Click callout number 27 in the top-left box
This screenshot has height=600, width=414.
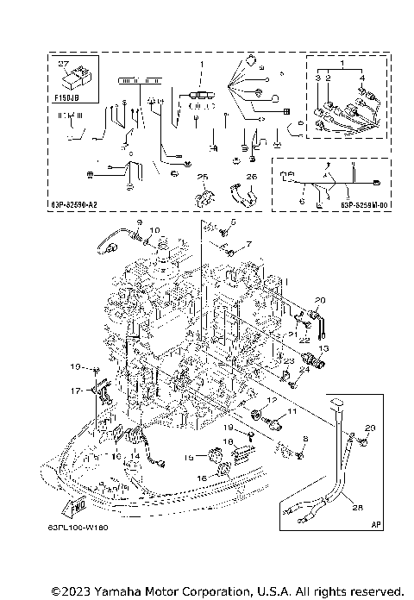(61, 64)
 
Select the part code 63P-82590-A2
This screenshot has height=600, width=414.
(82, 205)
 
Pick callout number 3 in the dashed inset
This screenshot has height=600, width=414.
(317, 78)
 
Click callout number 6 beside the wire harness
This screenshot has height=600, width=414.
(301, 200)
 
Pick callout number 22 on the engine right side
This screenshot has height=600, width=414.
(304, 340)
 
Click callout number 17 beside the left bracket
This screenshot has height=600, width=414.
(75, 390)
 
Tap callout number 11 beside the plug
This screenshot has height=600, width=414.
(291, 413)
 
